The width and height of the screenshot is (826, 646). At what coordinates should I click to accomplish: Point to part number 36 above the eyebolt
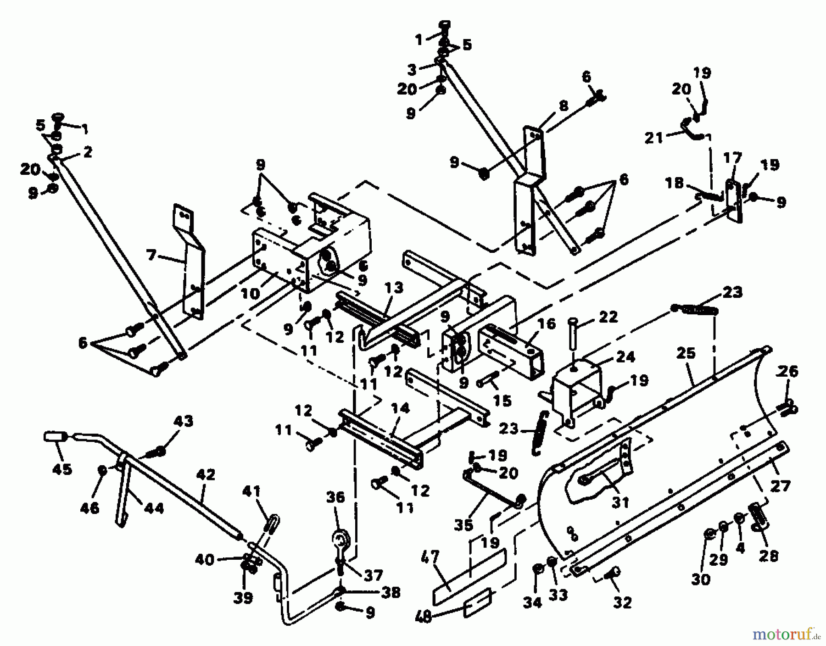[x=335, y=498]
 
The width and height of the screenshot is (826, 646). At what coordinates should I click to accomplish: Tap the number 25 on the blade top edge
[x=686, y=353]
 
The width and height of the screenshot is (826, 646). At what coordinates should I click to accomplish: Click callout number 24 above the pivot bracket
[x=625, y=356]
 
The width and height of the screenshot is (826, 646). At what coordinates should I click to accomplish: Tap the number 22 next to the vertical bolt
[x=608, y=317]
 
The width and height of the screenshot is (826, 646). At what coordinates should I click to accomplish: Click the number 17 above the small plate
[x=732, y=159]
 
